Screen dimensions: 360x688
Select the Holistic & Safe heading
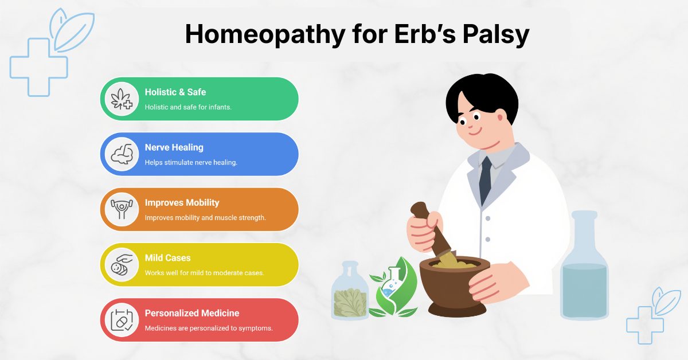(175, 92)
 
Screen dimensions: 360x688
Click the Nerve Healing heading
(174, 147)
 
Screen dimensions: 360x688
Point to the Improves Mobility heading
(182, 202)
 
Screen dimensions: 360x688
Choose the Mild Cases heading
(167, 258)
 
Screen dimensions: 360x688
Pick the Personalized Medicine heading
(191, 313)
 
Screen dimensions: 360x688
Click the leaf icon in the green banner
(122, 99)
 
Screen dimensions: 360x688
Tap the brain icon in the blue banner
(122, 154)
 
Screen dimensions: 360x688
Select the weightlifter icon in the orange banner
(122, 209)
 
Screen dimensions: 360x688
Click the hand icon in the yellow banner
(122, 264)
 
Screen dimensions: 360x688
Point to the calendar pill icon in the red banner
(122, 319)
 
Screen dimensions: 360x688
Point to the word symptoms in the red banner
(255, 328)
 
